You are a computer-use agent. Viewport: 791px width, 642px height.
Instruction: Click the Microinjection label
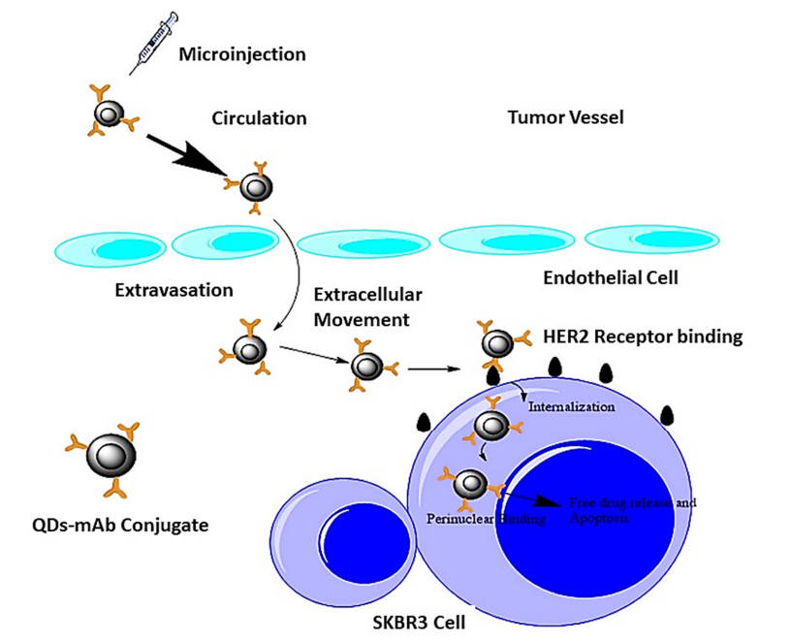point(241,53)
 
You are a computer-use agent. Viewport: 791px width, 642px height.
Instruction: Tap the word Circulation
point(259,118)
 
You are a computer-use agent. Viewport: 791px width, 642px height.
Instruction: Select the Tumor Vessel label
point(565,118)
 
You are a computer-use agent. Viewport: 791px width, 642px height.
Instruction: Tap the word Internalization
point(571,406)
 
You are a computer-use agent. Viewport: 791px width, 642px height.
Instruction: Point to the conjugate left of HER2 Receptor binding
point(498,342)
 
